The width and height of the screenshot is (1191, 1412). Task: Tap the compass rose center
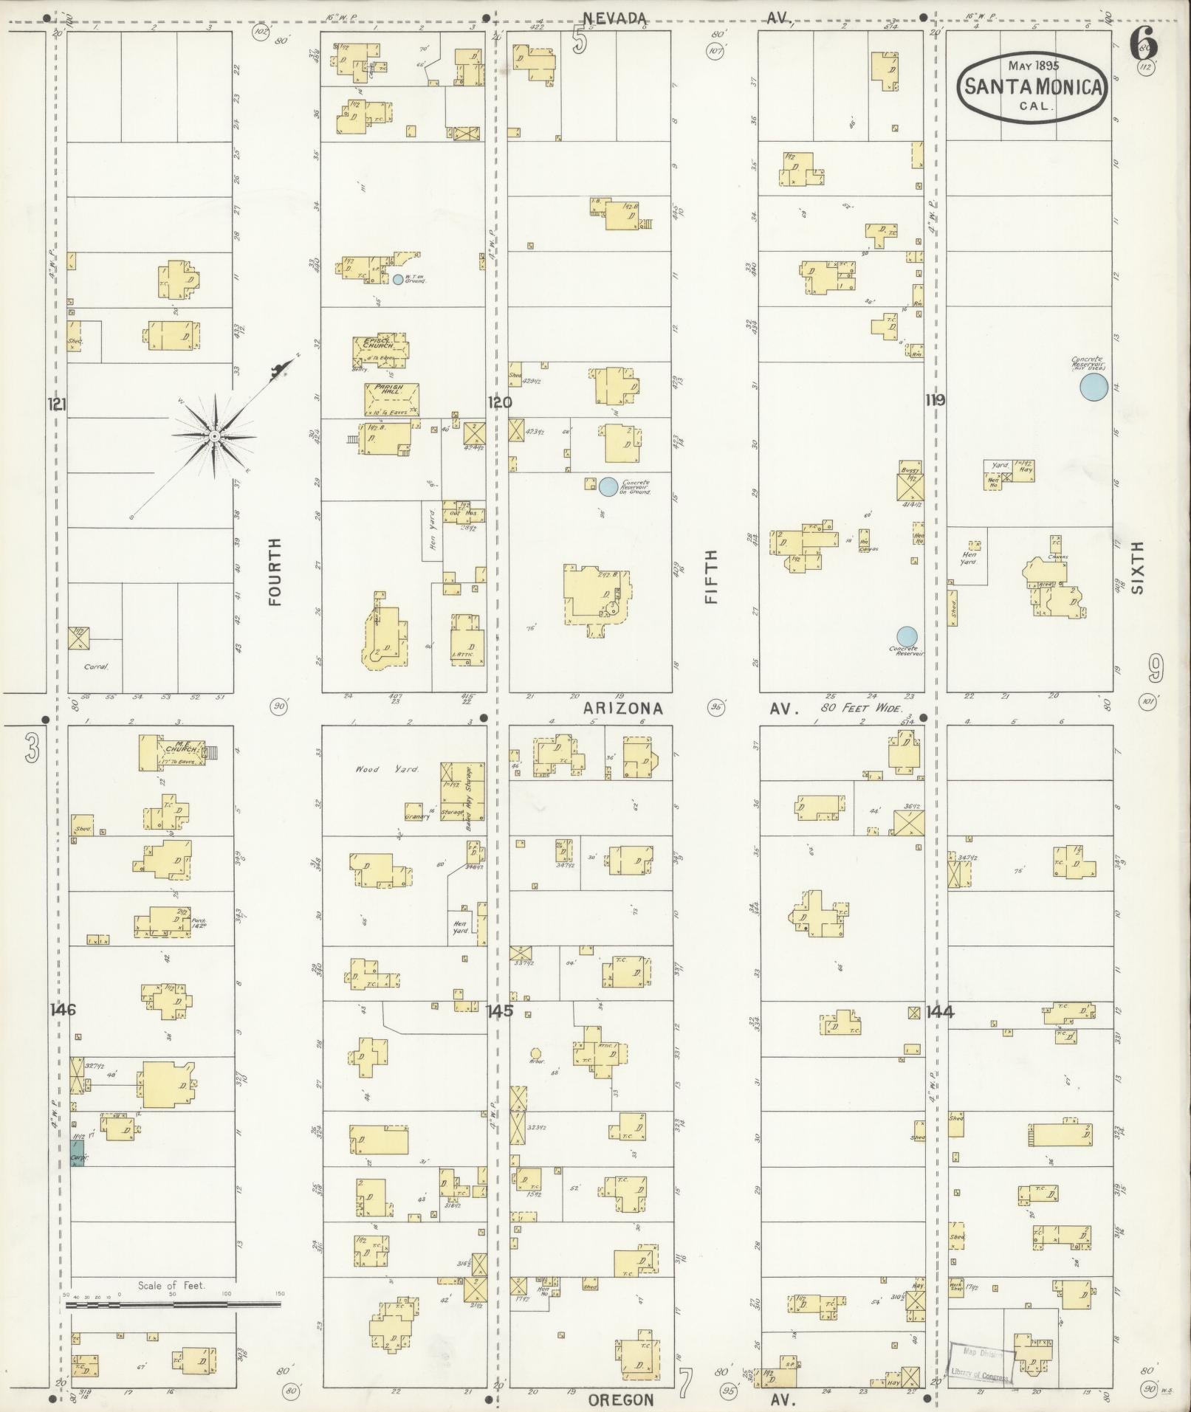click(x=214, y=437)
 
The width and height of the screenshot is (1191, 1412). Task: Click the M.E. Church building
click(x=170, y=752)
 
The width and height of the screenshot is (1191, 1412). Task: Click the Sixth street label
click(x=1137, y=568)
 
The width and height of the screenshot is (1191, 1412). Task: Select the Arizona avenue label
click(x=623, y=709)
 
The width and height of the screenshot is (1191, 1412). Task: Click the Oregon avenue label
click(x=621, y=1400)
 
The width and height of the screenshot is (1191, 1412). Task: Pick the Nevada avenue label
click(x=615, y=18)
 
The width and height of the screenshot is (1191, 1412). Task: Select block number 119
click(x=936, y=400)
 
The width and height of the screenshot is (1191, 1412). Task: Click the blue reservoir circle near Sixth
click(x=1094, y=387)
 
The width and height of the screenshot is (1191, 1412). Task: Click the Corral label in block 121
click(x=95, y=667)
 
